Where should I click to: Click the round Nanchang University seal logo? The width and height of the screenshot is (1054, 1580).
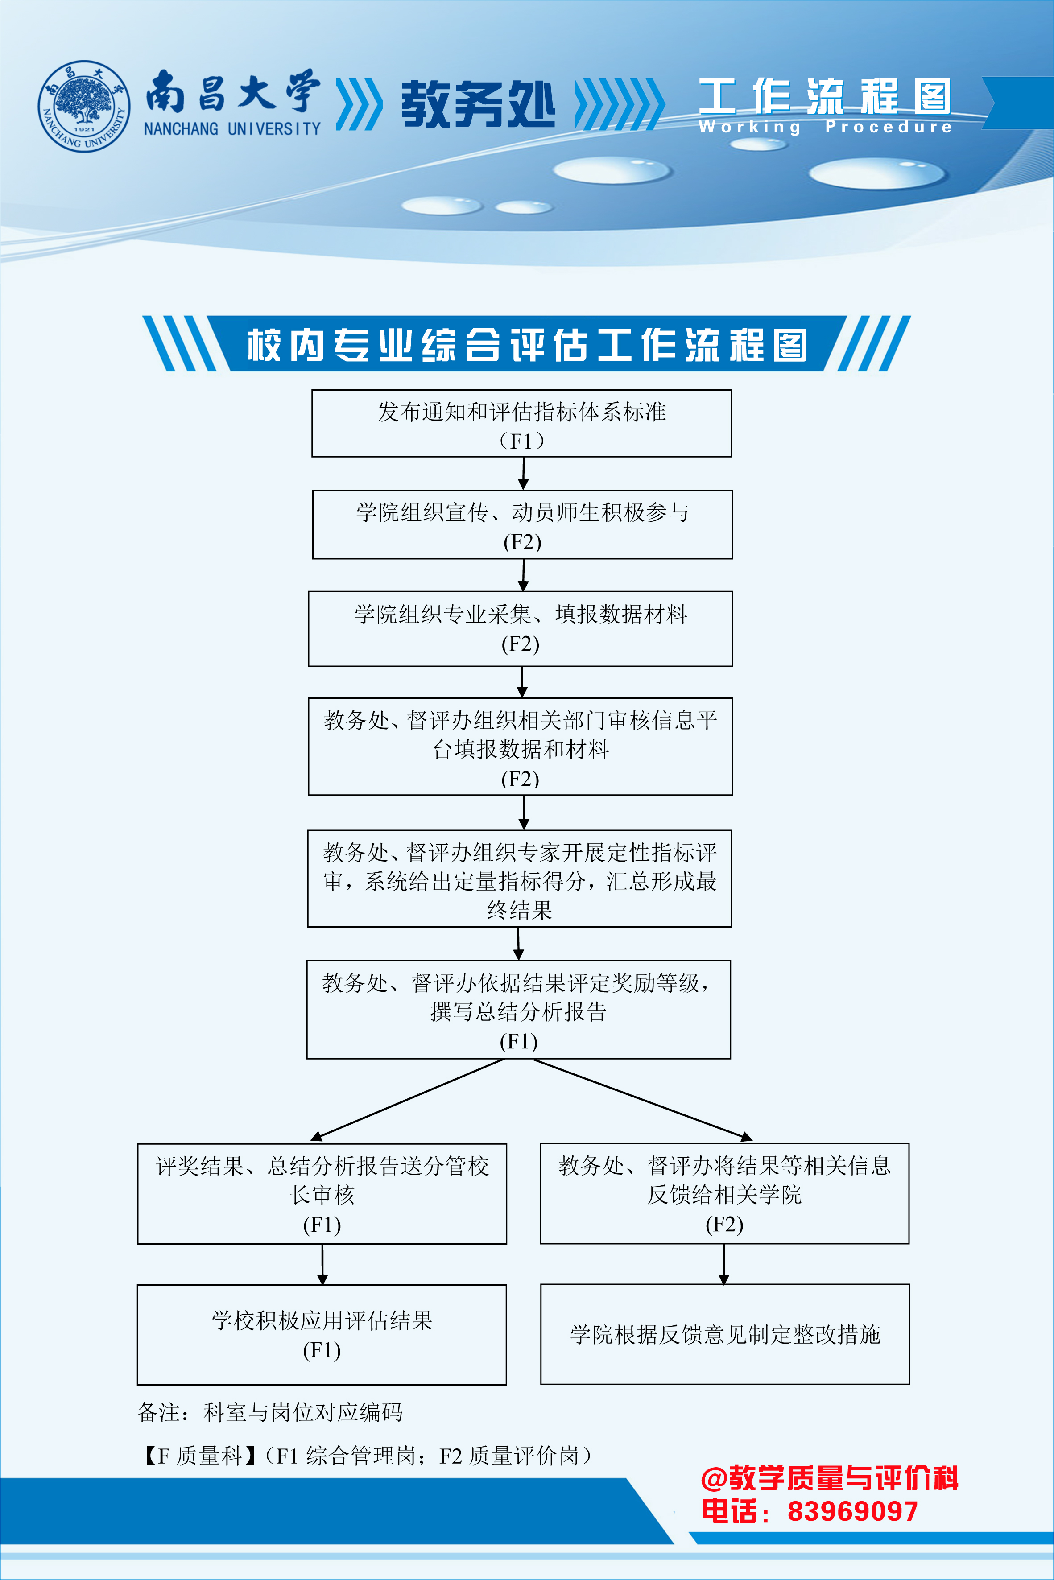point(84,106)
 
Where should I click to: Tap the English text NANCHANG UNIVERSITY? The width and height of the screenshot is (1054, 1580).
point(232,128)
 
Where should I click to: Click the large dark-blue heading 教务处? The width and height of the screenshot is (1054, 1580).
point(478,104)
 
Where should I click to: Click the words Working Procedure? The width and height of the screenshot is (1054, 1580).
point(825,126)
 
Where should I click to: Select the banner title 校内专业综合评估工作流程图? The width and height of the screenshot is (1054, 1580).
point(527,345)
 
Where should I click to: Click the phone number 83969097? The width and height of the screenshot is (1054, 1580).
point(852,1511)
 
